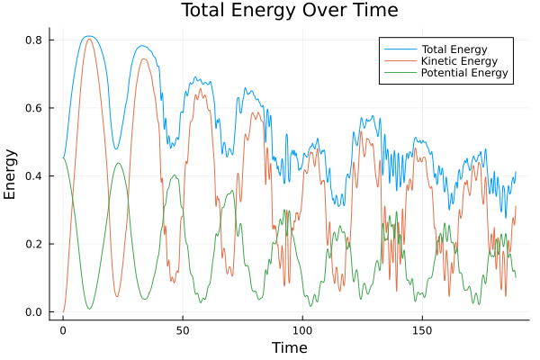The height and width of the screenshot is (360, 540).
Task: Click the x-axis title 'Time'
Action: point(289,347)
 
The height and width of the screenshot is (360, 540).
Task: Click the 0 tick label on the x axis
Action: point(63,330)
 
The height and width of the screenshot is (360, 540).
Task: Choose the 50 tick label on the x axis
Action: point(183,330)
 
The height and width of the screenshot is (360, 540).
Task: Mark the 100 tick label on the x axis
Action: point(302,330)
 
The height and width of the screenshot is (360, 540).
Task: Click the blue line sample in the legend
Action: point(400,48)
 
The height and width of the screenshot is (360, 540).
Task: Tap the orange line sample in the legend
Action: point(400,60)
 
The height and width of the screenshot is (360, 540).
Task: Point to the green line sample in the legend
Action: point(400,73)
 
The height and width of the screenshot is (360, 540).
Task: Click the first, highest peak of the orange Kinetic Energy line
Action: point(88,39)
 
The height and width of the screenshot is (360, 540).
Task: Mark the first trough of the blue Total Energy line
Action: point(115,148)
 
